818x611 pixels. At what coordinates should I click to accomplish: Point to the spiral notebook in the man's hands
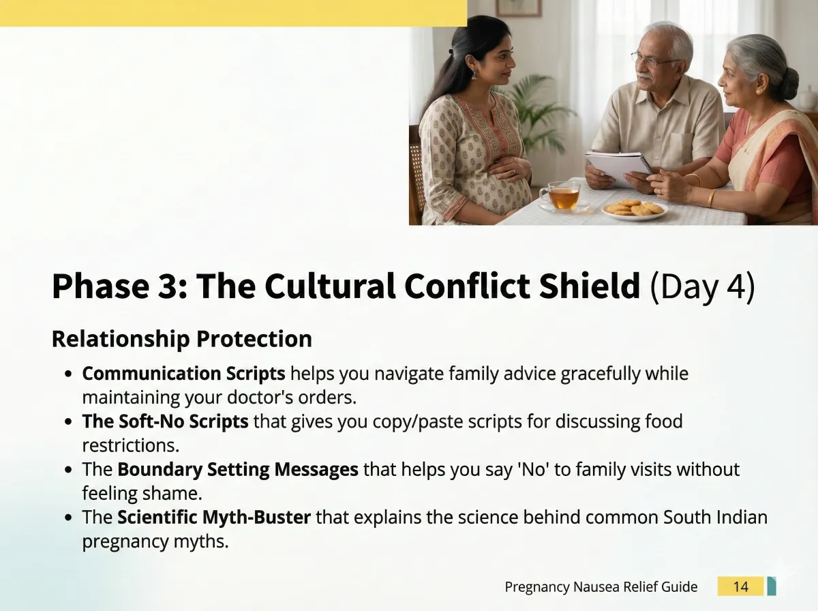[620, 168]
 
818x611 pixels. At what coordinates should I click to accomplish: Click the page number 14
[740, 586]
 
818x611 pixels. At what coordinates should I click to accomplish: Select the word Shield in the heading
[589, 286]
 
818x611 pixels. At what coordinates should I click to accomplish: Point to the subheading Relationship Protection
[182, 338]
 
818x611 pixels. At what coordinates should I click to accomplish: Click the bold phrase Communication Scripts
[184, 374]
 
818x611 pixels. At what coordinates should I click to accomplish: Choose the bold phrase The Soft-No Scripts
[165, 421]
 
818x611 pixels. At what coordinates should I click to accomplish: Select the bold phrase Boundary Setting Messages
[238, 469]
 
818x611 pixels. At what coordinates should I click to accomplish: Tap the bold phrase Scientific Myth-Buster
[214, 517]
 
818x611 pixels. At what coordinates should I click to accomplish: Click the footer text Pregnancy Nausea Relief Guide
[601, 586]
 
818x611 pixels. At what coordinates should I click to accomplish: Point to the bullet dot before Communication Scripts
[67, 374]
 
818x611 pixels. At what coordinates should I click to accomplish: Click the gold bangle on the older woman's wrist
[712, 198]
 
